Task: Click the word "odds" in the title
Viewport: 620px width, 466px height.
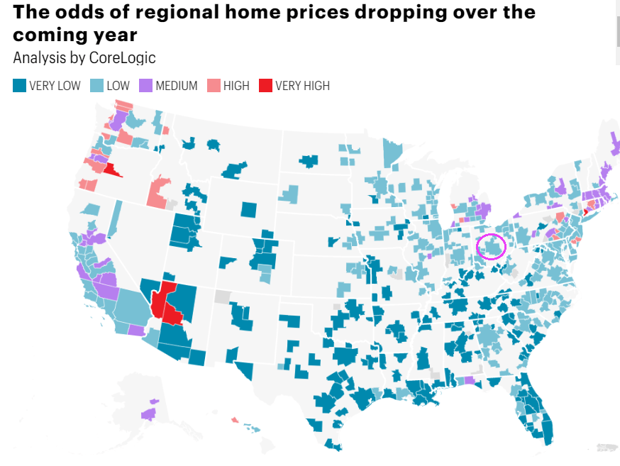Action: point(78,12)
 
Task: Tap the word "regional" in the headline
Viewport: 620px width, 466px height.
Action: point(167,12)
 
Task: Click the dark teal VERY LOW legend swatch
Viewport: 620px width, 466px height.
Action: point(20,86)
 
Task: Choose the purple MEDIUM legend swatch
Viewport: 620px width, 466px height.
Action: point(146,86)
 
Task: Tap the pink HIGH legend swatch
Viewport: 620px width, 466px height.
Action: point(214,86)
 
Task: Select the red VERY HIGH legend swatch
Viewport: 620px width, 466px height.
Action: point(265,86)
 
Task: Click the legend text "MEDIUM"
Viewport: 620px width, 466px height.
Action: point(177,86)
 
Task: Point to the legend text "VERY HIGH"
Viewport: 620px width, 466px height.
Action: point(303,86)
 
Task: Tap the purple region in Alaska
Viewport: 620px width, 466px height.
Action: point(149,414)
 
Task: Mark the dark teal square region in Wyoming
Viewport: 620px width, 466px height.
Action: point(248,209)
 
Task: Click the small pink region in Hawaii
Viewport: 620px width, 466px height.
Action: point(234,420)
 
